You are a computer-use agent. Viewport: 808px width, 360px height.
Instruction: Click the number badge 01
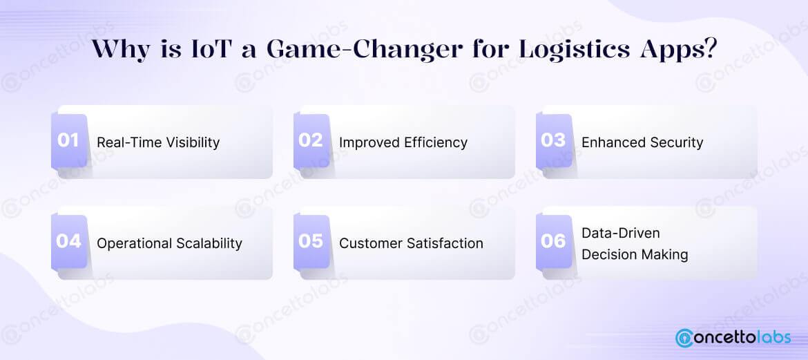(69, 141)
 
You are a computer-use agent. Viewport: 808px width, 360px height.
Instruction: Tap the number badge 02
(311, 141)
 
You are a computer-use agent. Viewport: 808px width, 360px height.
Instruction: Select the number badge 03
(553, 141)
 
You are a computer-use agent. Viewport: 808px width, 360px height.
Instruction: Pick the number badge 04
(69, 242)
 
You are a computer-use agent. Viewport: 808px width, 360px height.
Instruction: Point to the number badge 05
(311, 242)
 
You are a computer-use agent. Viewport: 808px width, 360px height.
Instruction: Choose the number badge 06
(553, 242)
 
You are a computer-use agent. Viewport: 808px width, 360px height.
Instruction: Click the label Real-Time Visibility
(158, 142)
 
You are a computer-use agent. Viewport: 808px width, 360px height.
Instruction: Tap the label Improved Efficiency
(403, 142)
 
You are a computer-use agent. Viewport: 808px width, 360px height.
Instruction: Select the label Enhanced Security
(642, 142)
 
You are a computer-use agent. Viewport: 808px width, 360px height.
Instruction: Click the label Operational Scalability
(169, 243)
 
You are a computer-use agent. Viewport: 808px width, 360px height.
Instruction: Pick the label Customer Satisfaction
(411, 243)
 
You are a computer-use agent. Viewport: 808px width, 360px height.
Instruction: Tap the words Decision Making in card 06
(635, 254)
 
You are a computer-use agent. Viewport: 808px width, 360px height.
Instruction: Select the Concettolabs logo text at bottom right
(744, 338)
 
